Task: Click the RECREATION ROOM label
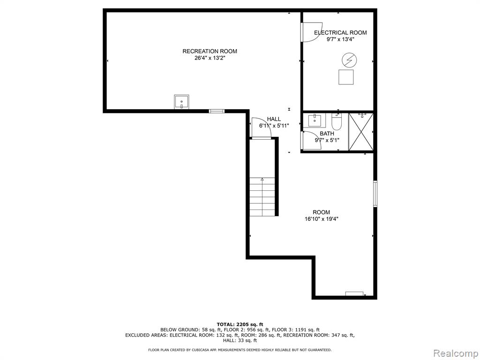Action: click(x=210, y=51)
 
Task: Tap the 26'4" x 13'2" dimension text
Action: click(x=210, y=58)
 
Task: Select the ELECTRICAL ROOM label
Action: click(x=340, y=32)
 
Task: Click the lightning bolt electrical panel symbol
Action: click(x=349, y=60)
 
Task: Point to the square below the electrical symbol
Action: click(x=346, y=77)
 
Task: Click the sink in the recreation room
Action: click(x=181, y=102)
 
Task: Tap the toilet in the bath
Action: click(x=337, y=121)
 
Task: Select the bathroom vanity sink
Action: click(x=315, y=120)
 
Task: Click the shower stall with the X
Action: click(x=361, y=132)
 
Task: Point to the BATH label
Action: click(x=327, y=134)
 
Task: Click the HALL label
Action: click(x=274, y=119)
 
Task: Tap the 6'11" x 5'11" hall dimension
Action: click(x=274, y=126)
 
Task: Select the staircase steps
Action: click(x=262, y=196)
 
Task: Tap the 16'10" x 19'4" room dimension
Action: click(x=322, y=219)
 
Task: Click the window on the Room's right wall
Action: click(x=375, y=194)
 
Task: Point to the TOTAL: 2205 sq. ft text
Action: click(x=240, y=324)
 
